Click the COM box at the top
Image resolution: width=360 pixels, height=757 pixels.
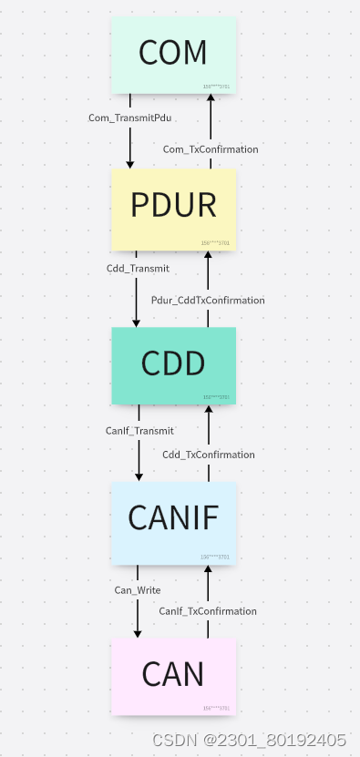[173, 53]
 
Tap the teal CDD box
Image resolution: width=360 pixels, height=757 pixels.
[173, 363]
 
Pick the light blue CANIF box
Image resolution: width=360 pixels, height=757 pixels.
[173, 517]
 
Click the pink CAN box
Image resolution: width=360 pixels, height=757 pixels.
[173, 674]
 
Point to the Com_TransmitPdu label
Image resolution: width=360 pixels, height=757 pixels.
[129, 118]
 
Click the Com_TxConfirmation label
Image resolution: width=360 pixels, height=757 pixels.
[211, 148]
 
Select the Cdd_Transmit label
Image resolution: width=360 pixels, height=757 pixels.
[138, 269]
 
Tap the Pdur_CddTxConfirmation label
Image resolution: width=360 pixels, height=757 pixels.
[208, 300]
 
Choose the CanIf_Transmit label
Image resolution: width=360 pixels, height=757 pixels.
[139, 430]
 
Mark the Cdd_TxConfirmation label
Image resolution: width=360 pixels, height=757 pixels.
[209, 455]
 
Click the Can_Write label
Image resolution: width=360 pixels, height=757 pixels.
[138, 590]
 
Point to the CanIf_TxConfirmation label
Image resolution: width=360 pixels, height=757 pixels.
[208, 610]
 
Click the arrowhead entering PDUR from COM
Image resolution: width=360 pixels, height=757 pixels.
[129, 163]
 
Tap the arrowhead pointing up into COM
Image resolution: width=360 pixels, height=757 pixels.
[211, 99]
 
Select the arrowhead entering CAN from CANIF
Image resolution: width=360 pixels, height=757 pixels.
[138, 632]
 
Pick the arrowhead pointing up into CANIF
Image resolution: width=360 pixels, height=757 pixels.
[208, 569]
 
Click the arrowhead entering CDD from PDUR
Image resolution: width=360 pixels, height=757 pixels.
[137, 322]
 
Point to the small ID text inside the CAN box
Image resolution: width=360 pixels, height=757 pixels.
[215, 708]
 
